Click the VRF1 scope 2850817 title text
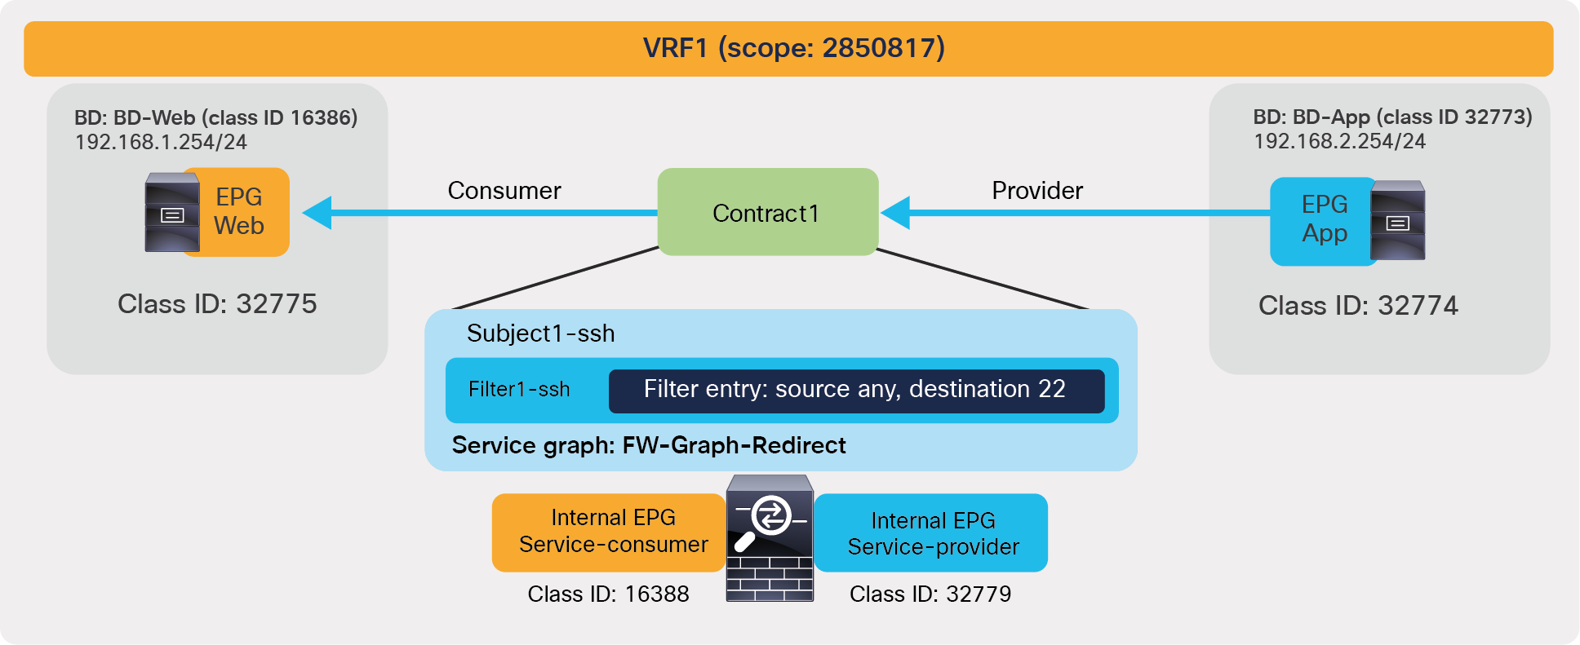pyautogui.click(x=793, y=48)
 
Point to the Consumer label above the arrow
pyautogui.click(x=504, y=191)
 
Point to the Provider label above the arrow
pyautogui.click(x=1036, y=191)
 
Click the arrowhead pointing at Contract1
pyautogui.click(x=896, y=213)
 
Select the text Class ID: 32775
pyautogui.click(x=217, y=304)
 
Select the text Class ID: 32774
pyautogui.click(x=1358, y=306)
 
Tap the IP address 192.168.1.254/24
pyautogui.click(x=161, y=143)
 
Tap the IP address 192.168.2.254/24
pyautogui.click(x=1339, y=142)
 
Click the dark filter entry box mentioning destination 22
pyautogui.click(x=855, y=390)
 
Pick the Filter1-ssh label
pyautogui.click(x=519, y=390)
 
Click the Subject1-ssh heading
pyautogui.click(x=540, y=334)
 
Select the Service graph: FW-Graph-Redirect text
pyautogui.click(x=649, y=445)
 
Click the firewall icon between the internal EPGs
pyautogui.click(x=770, y=539)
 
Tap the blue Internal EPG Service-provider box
pyautogui.click(x=932, y=533)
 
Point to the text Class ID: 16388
pyautogui.click(x=608, y=594)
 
